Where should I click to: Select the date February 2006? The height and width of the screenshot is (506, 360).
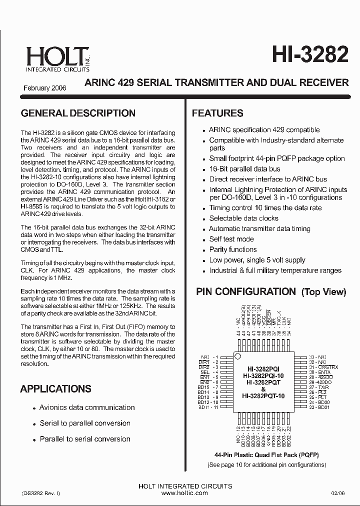[44, 88]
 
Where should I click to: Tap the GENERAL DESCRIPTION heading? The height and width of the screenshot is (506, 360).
[78, 113]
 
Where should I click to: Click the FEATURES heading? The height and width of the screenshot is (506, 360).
[217, 113]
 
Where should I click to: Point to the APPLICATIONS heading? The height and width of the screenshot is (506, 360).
[55, 388]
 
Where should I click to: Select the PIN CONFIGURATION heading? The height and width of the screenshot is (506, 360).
[245, 291]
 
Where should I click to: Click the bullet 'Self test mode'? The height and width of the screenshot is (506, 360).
[231, 239]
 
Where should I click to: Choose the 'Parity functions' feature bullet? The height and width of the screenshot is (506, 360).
[232, 249]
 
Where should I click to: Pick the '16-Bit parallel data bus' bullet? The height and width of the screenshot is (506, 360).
[244, 169]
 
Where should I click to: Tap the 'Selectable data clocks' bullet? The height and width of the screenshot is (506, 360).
[243, 218]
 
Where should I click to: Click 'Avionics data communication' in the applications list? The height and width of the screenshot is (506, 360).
[87, 407]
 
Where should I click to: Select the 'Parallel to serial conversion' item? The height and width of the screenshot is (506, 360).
[85, 439]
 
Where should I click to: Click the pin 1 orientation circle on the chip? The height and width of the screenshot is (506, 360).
[238, 356]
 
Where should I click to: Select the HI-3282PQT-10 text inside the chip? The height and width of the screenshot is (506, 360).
[263, 395]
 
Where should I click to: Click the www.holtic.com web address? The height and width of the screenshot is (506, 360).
[184, 493]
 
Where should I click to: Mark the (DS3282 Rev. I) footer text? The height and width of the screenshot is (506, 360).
[41, 493]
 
